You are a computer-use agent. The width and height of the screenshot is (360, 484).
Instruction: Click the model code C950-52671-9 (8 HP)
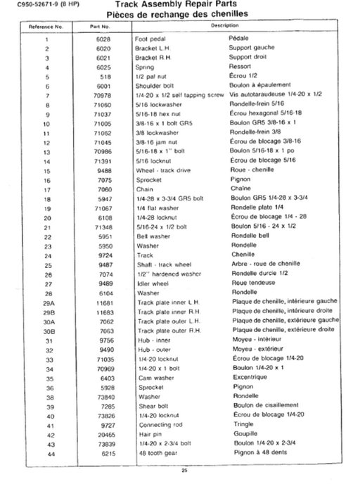(33, 5)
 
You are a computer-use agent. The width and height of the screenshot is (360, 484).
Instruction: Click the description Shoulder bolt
(155, 84)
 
